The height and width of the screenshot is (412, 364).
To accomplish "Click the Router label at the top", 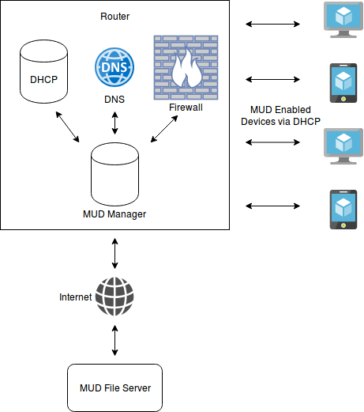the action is [114, 17].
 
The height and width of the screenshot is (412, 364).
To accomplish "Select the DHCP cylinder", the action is [43, 71].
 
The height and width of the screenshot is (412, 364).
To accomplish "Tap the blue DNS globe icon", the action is [114, 67].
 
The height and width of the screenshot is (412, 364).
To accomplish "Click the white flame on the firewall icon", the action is [187, 69].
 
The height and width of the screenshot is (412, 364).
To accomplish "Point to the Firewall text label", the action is [186, 108].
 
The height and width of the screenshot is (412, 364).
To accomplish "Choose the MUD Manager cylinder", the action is [114, 174].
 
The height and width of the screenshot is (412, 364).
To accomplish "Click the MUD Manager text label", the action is [114, 214].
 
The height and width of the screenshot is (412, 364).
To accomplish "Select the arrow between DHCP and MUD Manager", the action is [67, 127].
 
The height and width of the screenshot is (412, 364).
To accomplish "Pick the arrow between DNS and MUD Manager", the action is [114, 123].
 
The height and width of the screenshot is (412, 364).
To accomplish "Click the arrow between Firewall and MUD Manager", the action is [164, 129].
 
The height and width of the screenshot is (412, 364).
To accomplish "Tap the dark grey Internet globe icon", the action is [114, 297].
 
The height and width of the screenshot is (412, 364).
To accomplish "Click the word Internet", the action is [76, 297].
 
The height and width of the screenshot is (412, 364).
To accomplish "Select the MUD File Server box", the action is [114, 387].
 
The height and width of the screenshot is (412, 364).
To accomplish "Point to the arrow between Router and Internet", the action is [114, 253].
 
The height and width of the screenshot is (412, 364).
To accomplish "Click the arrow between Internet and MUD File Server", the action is [114, 340].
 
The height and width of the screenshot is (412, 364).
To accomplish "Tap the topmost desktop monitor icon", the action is [343, 20].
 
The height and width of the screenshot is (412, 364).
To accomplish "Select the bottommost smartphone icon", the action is [343, 210].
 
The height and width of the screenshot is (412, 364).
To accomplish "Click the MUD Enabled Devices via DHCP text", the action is [280, 115].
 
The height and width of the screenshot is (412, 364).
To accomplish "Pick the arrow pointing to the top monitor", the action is [272, 25].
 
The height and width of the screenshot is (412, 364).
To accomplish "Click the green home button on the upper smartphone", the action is [343, 99].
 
